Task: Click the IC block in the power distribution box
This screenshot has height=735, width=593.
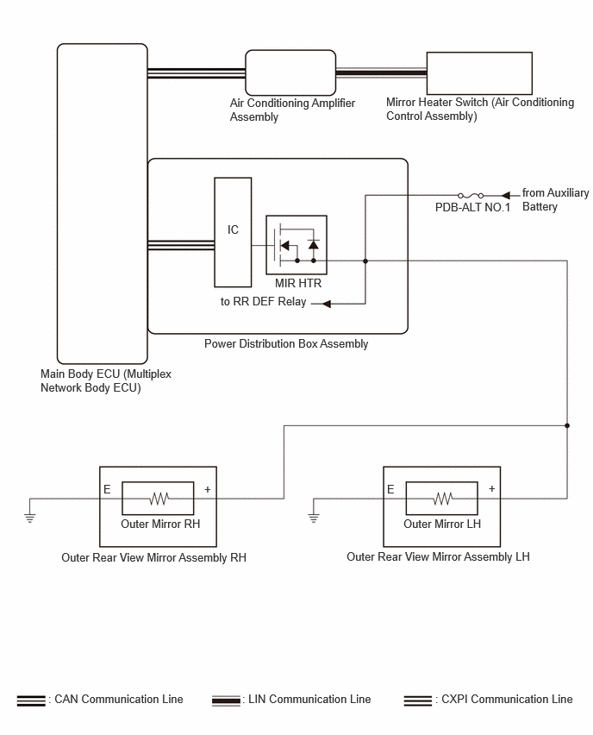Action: click(233, 232)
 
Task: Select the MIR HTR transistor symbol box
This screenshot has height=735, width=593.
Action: click(296, 245)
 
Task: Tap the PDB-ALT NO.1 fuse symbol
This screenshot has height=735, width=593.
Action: click(471, 196)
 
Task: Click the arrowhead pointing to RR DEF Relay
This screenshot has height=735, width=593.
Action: click(327, 304)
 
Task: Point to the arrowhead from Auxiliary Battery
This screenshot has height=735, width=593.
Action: click(505, 196)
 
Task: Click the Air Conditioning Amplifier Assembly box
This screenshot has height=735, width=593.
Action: click(290, 72)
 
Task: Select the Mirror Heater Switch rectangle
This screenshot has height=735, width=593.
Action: click(479, 73)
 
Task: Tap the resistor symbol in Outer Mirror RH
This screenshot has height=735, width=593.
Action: click(159, 499)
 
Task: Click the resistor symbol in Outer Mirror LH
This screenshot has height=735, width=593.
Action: click(443, 499)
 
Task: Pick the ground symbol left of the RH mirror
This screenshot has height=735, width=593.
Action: click(29, 518)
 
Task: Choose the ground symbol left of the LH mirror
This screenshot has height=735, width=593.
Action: click(314, 518)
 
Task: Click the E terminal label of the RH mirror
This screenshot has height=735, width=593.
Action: click(107, 489)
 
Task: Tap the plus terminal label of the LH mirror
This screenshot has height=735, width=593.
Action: click(492, 488)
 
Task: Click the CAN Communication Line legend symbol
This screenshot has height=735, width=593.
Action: click(31, 700)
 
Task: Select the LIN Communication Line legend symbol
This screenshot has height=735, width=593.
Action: click(226, 700)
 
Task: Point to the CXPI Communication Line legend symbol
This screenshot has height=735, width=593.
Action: click(418, 700)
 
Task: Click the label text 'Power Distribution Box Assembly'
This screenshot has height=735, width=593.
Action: click(286, 344)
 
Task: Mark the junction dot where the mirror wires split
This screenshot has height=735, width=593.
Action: click(567, 425)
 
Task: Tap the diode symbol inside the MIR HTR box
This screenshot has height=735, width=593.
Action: click(314, 244)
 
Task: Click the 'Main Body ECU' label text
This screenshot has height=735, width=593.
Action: click(79, 374)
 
